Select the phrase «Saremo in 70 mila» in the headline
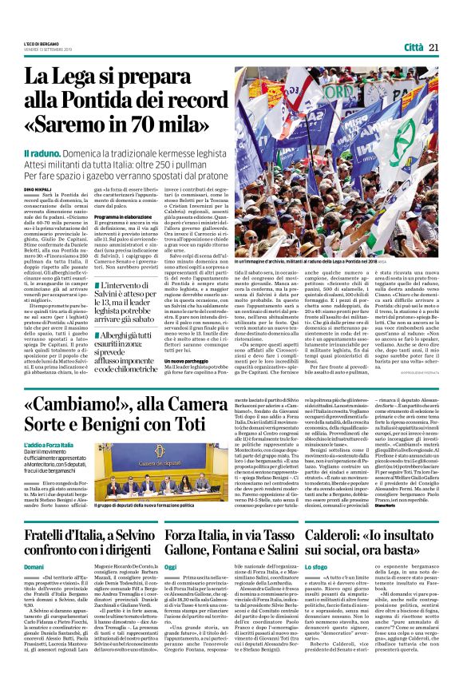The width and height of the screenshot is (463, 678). click(x=120, y=126)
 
